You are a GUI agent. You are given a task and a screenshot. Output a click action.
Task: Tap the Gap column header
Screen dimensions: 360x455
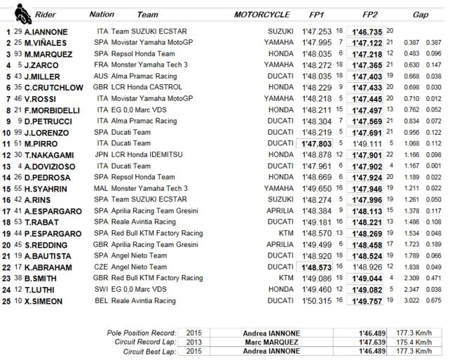(x=420, y=13)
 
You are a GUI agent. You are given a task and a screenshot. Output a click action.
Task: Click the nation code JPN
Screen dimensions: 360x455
(x=104, y=155)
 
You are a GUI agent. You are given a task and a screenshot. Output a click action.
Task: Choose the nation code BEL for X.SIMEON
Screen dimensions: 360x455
(x=104, y=301)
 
